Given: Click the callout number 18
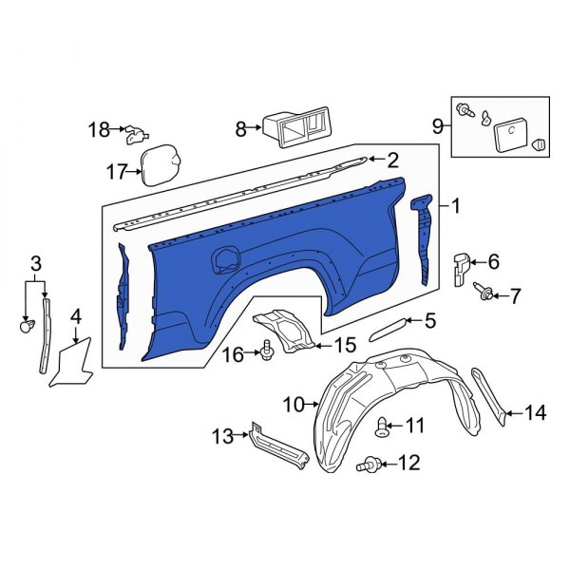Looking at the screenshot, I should pos(100,130).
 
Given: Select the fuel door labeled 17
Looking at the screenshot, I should pos(159,163).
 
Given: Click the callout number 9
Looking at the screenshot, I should pos(438,124).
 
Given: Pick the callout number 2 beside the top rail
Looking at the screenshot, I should pos(391,161).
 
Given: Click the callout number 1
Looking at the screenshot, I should pos(455,206).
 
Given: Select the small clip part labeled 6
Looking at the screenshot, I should pos(460,268).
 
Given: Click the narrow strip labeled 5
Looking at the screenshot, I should pos(389,328).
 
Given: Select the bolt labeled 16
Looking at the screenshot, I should pos(265,353).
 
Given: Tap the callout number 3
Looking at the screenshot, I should pos(35,263).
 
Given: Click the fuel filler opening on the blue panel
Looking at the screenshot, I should pos(227,258).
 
